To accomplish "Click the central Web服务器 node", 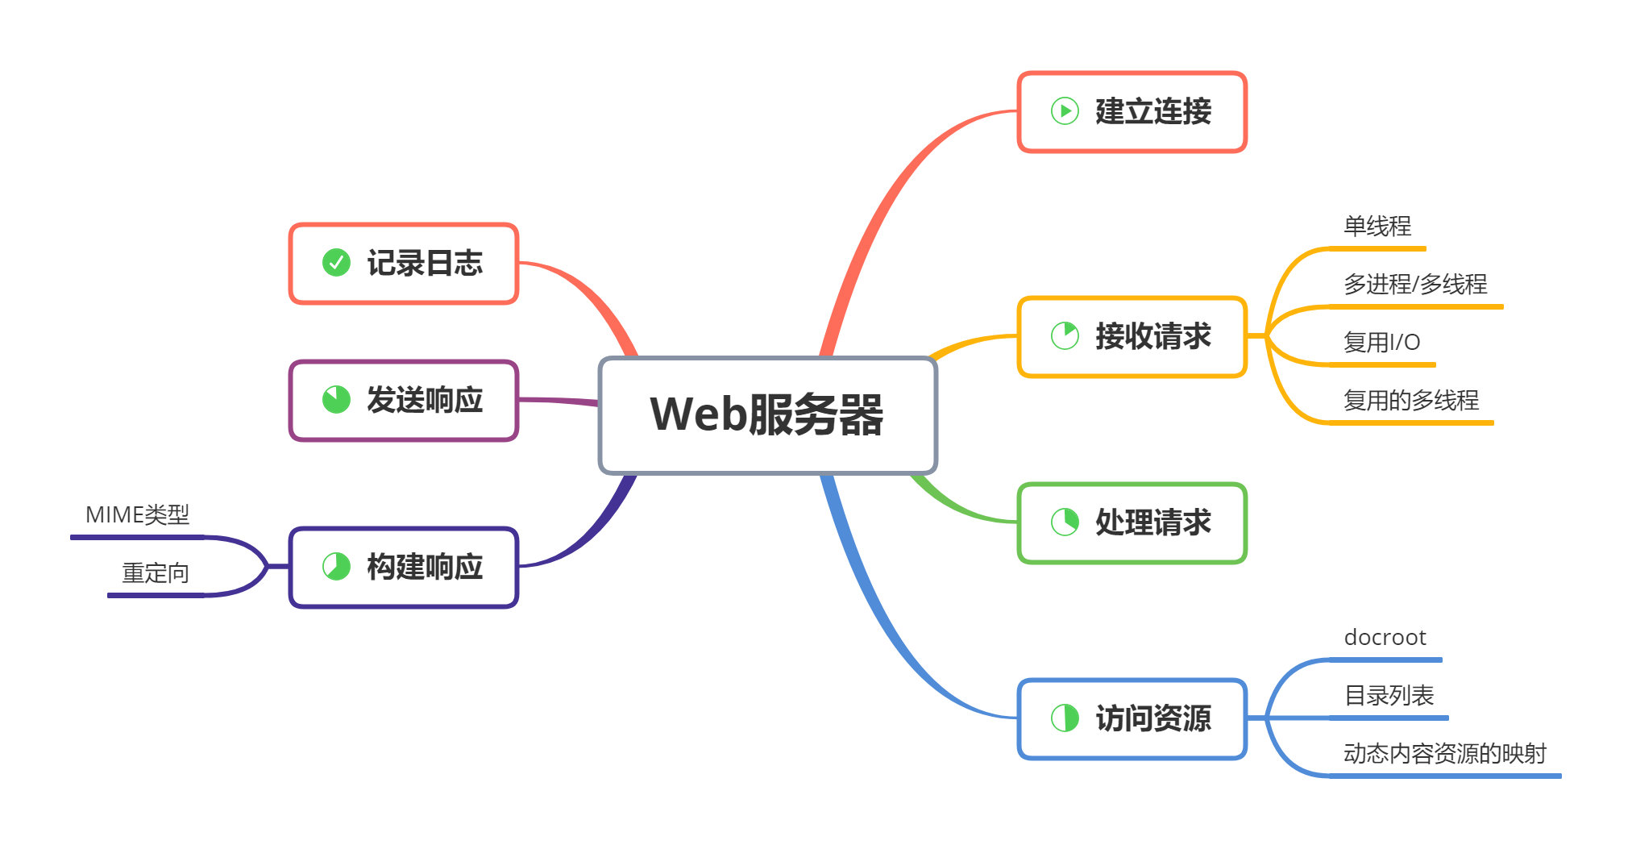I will tap(767, 415).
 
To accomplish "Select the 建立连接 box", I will tap(1132, 112).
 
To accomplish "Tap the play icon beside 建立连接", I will tap(1065, 111).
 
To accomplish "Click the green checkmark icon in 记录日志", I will tap(336, 262).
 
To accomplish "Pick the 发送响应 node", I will tap(403, 401).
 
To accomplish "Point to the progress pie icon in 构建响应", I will tap(336, 566).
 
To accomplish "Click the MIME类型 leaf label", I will tap(137, 515).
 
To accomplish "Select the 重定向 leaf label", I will tap(156, 573).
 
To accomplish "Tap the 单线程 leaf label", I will tap(1377, 227).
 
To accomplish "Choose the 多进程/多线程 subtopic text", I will tap(1415, 285).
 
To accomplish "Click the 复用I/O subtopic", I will tap(1381, 343).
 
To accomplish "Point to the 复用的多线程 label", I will tap(1411, 401).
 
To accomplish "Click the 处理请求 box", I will tap(1132, 523).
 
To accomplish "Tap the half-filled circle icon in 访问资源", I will tap(1065, 718).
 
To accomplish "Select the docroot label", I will tap(1385, 638).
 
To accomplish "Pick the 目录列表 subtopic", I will tap(1389, 696).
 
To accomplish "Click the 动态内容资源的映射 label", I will tap(1444, 754).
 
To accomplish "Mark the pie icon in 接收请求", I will tap(1065, 335).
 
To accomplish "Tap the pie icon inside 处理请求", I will tap(1065, 522).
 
